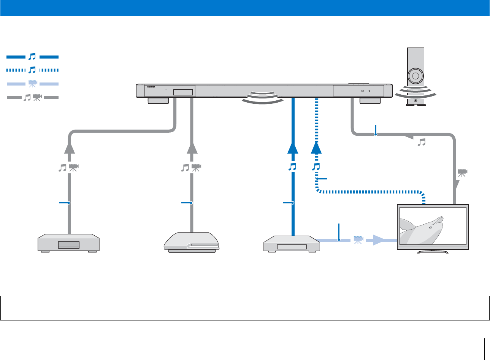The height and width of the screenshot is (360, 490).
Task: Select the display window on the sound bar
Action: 183,92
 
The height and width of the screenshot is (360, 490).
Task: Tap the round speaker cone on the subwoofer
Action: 415,76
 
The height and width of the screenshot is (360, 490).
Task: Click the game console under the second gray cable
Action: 192,243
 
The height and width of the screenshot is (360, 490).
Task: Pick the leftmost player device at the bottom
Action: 68,243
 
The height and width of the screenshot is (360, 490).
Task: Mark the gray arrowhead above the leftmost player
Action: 69,147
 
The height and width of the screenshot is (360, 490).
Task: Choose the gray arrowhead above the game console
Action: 192,147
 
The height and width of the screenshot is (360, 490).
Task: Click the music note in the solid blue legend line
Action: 33,57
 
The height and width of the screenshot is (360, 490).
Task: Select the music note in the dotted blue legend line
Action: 33,70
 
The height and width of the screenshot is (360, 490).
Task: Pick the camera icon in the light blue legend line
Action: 33,84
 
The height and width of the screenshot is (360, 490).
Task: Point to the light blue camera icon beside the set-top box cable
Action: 358,240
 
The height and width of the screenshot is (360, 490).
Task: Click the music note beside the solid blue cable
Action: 292,167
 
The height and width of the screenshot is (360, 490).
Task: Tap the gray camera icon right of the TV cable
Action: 462,173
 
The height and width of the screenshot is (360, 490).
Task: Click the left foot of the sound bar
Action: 158,101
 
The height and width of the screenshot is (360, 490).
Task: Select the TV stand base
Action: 433,251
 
